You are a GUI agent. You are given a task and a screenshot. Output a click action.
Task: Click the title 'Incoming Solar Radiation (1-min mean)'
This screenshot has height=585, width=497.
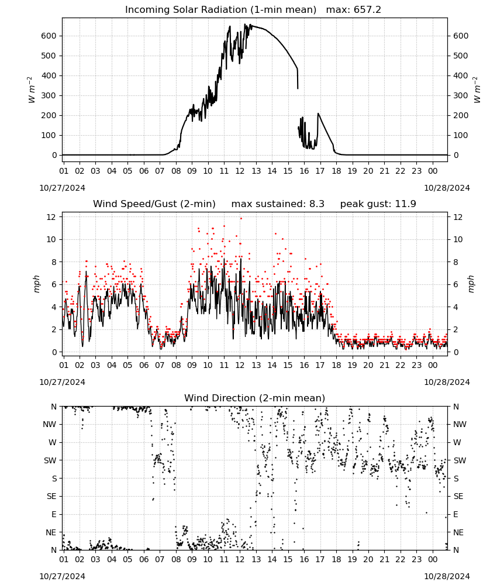coord(220,10)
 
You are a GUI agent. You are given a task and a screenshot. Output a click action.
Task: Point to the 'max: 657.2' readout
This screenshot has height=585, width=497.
coord(354,10)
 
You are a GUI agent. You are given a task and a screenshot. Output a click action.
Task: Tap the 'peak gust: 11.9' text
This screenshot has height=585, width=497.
coord(378,204)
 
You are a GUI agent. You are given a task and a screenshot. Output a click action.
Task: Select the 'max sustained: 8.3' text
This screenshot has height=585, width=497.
coord(278,204)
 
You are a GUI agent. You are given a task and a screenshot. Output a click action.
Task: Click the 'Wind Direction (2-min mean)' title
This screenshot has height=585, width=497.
coord(255,398)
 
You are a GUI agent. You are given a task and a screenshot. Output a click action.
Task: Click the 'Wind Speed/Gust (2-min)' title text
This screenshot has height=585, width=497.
coord(154,204)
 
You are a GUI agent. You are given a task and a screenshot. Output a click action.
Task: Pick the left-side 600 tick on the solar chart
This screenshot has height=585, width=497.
coord(49,36)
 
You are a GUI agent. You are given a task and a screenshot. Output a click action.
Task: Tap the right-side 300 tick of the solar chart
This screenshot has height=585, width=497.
coord(461,95)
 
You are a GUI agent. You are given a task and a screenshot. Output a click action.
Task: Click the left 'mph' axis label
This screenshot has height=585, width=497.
coord(36,284)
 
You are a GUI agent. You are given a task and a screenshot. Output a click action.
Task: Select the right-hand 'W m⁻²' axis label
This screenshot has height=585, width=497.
coord(477,90)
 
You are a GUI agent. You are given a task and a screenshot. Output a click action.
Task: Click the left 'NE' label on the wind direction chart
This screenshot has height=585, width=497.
coord(51,532)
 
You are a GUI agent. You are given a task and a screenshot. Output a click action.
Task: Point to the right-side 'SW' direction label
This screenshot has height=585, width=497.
coord(460,460)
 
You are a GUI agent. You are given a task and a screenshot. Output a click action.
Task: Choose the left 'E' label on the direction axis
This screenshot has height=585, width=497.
coord(54,514)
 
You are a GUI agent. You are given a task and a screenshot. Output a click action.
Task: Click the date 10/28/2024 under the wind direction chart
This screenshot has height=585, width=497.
coord(447,576)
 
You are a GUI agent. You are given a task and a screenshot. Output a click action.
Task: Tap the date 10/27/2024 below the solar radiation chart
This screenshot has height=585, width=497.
coord(62,188)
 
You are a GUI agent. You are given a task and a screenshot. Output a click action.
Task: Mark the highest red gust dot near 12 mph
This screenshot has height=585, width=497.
coord(241,218)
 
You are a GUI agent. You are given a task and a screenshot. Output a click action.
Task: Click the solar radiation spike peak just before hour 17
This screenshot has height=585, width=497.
coord(318,113)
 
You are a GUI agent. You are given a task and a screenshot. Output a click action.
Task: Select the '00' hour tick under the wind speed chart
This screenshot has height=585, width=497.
coord(433,365)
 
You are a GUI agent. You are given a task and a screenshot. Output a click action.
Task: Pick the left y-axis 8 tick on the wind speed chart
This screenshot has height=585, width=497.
coord(54,262)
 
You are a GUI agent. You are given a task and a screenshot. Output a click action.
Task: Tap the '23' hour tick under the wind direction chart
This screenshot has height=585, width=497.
coord(416,559)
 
